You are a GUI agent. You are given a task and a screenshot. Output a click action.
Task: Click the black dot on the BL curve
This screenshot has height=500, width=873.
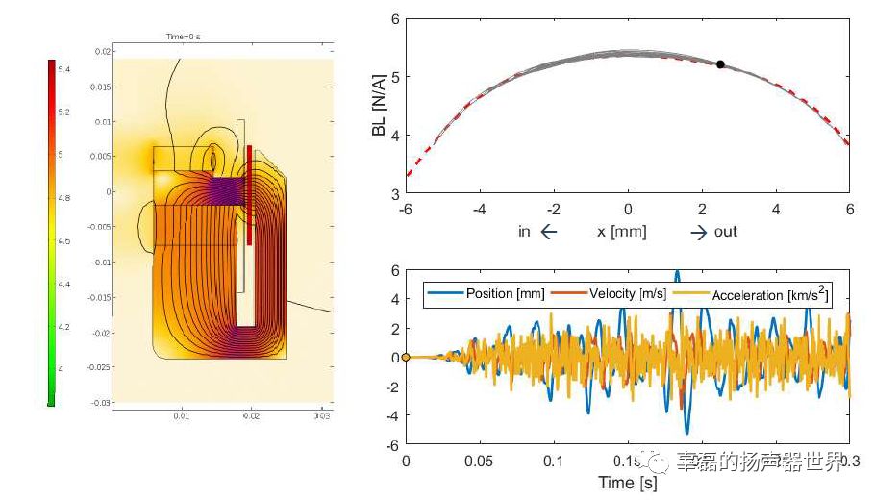(x=720, y=64)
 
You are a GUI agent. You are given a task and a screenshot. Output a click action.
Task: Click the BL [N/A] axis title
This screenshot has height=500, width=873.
(x=379, y=107)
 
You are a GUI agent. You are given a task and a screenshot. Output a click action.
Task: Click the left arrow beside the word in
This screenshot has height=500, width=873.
(x=549, y=232)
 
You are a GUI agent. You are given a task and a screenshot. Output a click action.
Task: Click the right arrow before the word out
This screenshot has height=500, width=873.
(x=698, y=232)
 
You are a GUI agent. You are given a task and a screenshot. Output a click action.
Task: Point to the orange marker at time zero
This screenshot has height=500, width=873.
(x=406, y=358)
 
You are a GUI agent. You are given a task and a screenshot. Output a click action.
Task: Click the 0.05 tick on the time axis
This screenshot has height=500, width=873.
(x=479, y=462)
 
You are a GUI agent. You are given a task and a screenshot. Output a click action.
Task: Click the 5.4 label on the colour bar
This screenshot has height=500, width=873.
(x=63, y=69)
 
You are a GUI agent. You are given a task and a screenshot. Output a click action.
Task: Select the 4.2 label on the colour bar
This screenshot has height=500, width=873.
(x=63, y=327)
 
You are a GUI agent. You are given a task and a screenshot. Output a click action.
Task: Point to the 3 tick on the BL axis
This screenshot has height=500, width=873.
(x=393, y=193)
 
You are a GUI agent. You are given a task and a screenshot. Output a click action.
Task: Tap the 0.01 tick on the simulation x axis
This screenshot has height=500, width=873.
(x=181, y=417)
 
